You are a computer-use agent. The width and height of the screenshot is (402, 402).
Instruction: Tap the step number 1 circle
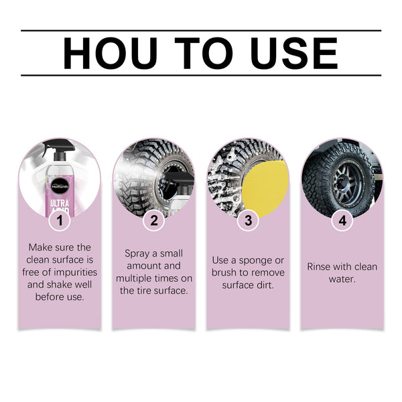pyautogui.click(x=60, y=220)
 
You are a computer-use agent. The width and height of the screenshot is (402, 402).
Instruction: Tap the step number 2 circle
pyautogui.click(x=153, y=220)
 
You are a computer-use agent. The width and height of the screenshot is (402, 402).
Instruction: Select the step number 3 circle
pyautogui.click(x=248, y=220)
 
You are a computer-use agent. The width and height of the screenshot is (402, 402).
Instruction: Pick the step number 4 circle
pyautogui.click(x=342, y=220)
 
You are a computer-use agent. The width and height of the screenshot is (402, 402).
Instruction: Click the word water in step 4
pyautogui.click(x=342, y=279)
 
